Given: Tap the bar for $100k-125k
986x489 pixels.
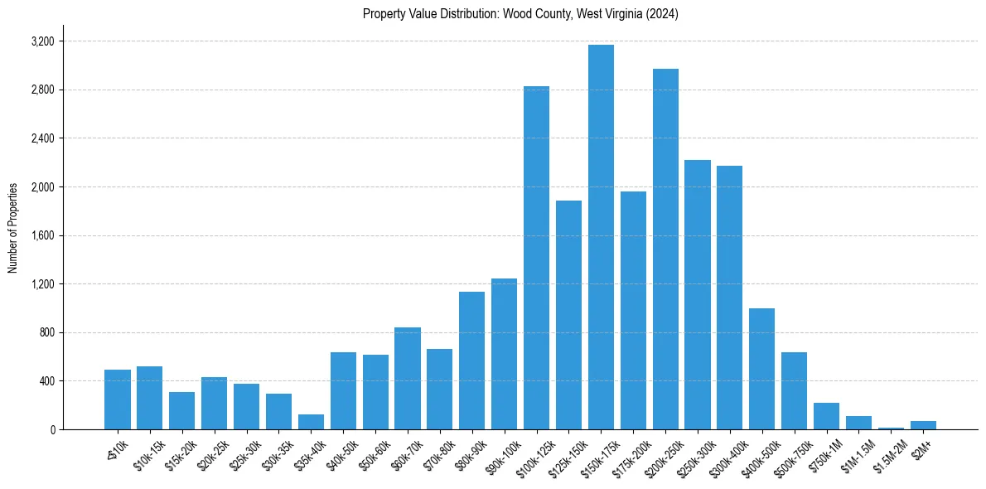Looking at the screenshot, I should coord(536,258).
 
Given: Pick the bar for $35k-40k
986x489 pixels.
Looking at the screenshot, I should coord(311,422).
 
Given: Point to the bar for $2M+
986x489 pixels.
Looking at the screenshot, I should coord(923,425).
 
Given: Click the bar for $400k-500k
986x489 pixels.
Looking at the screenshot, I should coord(761,369).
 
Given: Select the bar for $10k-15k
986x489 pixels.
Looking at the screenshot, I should coord(149,398).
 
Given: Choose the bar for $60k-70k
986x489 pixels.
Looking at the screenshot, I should coord(408,379).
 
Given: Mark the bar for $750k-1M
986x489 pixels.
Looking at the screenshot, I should coord(826,416).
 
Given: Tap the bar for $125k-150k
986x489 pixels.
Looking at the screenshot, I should coord(568,315).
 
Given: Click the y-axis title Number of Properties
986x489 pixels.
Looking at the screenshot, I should coord(13,228).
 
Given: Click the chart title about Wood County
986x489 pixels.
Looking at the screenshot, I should coord(520,14).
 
